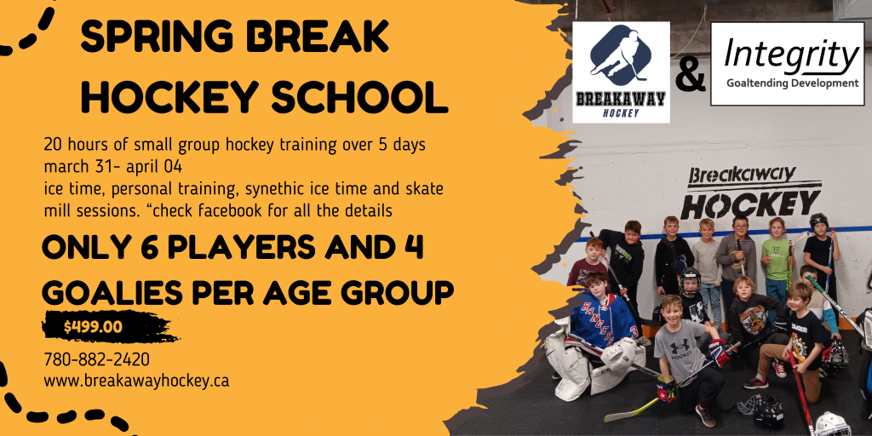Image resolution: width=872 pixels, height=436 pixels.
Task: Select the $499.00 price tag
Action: point(93,327)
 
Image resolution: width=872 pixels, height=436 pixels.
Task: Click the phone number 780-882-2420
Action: point(97,360)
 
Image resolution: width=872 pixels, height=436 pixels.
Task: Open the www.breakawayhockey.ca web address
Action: point(136,381)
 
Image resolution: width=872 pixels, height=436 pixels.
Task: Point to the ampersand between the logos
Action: point(690,75)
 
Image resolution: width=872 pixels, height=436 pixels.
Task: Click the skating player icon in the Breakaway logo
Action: point(620,54)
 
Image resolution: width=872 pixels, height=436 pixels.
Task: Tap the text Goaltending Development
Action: point(793,83)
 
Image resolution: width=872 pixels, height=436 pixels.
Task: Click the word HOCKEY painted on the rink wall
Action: point(750,204)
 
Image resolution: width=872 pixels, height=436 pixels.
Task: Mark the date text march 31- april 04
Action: point(113,167)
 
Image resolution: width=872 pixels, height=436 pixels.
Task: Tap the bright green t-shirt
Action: point(775,259)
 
